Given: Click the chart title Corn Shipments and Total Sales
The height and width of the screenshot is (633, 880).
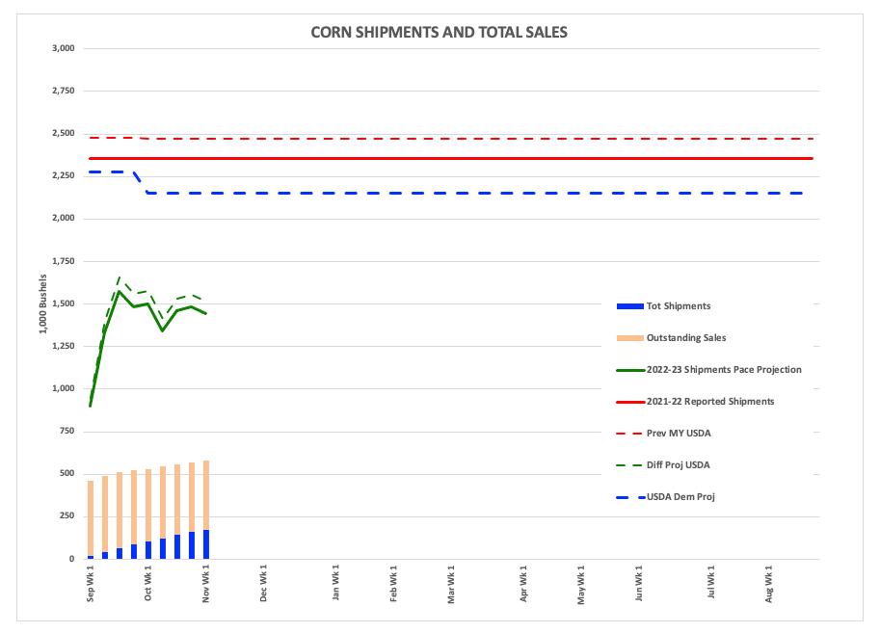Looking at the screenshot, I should pyautogui.click(x=439, y=32).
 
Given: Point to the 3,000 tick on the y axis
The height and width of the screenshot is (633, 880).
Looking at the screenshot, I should pyautogui.click(x=63, y=48).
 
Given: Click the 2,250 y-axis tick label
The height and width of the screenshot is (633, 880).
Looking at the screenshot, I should pyautogui.click(x=63, y=175).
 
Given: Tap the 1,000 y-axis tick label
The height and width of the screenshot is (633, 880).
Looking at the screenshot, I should pyautogui.click(x=63, y=388).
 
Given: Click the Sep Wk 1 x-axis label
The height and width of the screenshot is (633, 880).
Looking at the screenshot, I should pyautogui.click(x=91, y=584).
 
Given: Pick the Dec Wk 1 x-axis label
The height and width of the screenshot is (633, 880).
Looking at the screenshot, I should pyautogui.click(x=264, y=584).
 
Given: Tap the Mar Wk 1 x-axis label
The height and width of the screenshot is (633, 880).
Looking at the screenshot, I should pyautogui.click(x=451, y=584).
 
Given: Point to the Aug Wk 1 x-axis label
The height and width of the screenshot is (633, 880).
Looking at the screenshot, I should pyautogui.click(x=768, y=584).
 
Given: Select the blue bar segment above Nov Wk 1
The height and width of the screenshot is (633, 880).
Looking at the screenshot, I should pyautogui.click(x=206, y=544).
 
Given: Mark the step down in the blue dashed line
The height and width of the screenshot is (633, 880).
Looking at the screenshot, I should pyautogui.click(x=141, y=182).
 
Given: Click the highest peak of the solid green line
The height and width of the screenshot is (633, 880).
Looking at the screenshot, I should pyautogui.click(x=120, y=291).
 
